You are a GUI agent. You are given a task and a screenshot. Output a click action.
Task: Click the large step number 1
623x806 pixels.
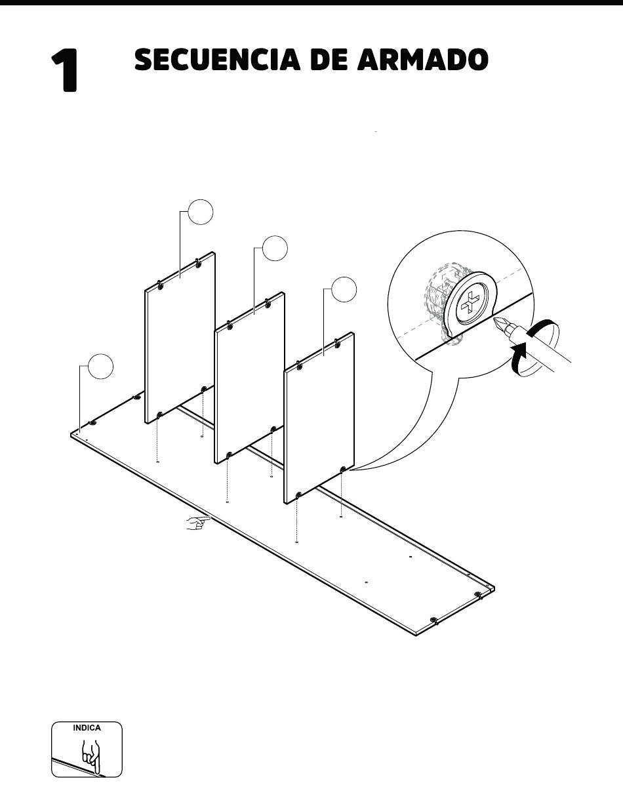point(64,70)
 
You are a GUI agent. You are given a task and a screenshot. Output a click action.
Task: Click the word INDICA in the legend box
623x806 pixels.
point(87,728)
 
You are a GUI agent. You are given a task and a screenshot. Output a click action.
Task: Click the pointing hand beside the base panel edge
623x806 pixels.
point(197,523)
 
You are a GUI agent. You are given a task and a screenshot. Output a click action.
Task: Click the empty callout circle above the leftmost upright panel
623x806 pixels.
point(201,212)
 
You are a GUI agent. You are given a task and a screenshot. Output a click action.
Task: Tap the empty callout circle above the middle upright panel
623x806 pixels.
point(275,248)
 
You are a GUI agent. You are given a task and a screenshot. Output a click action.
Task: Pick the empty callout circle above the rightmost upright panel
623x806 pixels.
point(344,289)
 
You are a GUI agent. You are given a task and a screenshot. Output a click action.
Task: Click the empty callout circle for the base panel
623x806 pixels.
point(100,367)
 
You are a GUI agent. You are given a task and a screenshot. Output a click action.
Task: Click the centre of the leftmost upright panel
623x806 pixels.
point(180,338)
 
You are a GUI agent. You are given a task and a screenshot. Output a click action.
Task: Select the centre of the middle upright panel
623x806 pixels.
point(250,378)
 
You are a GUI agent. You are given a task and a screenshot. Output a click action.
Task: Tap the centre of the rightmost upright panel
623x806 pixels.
point(319,418)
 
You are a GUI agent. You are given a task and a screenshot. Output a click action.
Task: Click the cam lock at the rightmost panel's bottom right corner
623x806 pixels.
point(342,470)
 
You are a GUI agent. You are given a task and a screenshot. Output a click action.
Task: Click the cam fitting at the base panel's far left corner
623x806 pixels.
point(92,423)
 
